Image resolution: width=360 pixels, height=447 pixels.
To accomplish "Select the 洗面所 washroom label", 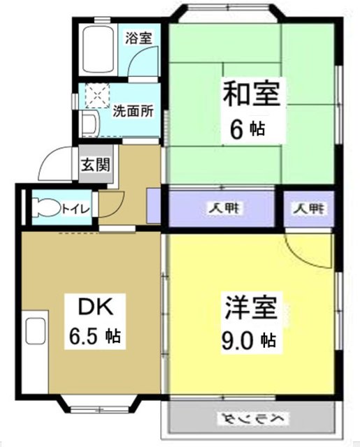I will click(133, 110).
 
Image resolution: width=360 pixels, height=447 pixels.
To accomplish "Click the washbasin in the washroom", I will click(89, 124).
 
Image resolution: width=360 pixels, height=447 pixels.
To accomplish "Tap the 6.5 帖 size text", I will click(94, 336).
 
